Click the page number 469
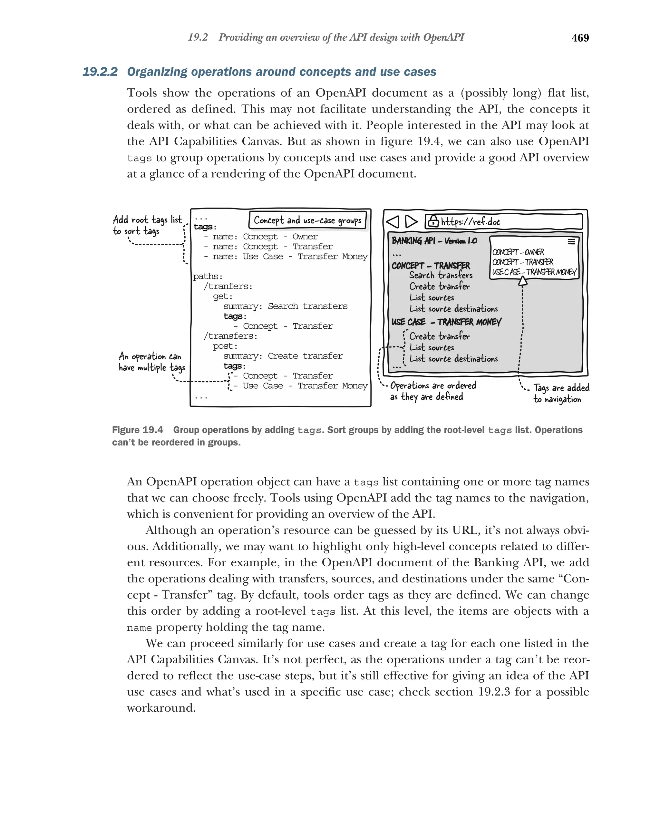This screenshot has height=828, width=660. [x=580, y=38]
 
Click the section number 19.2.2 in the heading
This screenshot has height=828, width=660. [x=100, y=72]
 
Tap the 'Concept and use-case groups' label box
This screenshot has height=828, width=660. [x=307, y=220]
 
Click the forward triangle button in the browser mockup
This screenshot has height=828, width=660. [x=411, y=222]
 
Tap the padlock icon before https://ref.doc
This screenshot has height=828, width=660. [x=433, y=221]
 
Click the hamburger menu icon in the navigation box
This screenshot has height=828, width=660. [x=571, y=241]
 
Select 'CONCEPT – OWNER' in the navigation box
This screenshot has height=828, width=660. [x=518, y=252]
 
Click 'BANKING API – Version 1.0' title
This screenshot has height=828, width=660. [x=434, y=241]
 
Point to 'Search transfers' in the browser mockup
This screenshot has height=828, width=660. [x=441, y=275]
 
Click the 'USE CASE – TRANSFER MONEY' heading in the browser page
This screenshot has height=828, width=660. [x=446, y=322]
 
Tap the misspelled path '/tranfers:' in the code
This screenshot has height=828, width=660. [x=228, y=287]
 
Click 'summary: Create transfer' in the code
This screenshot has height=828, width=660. [x=283, y=356]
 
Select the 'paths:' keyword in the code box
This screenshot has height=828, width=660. [x=208, y=277]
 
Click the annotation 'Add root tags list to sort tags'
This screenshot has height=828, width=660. [x=147, y=225]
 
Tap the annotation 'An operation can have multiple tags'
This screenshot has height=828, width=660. [x=152, y=362]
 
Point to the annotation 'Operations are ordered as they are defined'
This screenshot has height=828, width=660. [x=433, y=391]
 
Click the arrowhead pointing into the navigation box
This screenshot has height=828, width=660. [x=522, y=281]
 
